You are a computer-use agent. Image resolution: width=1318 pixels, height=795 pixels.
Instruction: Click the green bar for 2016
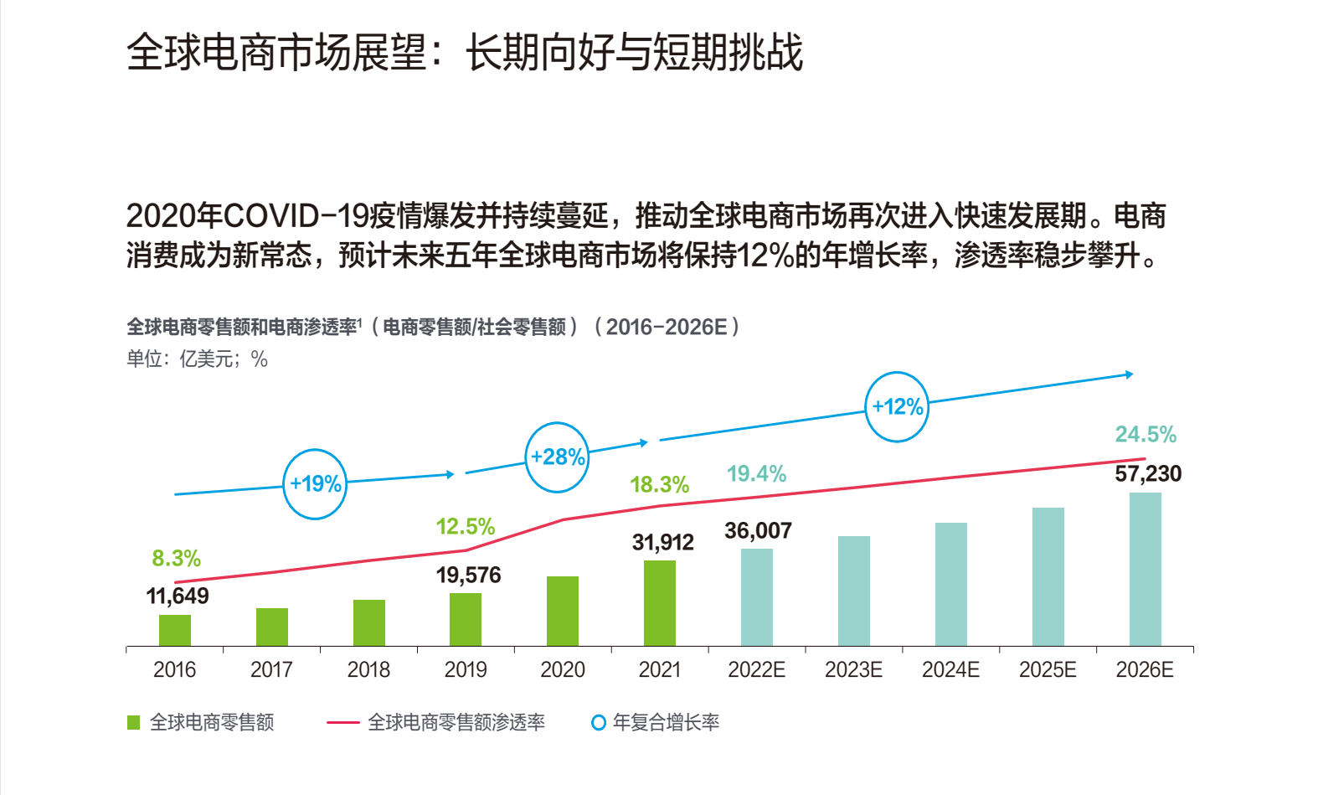pyautogui.click(x=175, y=630)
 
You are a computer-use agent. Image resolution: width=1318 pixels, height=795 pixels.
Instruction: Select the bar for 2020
pyautogui.click(x=563, y=611)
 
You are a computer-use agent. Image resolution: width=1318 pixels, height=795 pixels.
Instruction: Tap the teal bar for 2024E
pyautogui.click(x=950, y=584)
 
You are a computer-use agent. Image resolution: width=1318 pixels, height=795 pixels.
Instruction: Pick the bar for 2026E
pyautogui.click(x=1145, y=569)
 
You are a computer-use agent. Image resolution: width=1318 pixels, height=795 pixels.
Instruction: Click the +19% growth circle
pyautogui.click(x=315, y=484)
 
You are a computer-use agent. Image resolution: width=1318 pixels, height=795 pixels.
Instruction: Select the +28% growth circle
pyautogui.click(x=557, y=457)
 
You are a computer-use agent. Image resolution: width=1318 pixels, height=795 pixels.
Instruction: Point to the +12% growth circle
pyautogui.click(x=897, y=407)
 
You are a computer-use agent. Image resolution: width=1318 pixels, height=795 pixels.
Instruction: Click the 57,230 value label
pyautogui.click(x=1148, y=474)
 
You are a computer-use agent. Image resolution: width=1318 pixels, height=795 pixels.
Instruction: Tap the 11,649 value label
pyautogui.click(x=178, y=596)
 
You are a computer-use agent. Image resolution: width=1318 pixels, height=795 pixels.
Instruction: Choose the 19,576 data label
pyautogui.click(x=468, y=576)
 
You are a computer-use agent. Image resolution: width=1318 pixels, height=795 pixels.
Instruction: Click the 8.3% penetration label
pyautogui.click(x=176, y=559)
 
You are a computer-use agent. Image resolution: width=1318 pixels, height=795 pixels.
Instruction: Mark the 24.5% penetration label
pyautogui.click(x=1146, y=435)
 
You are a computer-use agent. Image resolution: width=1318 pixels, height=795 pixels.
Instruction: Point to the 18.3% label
pyautogui.click(x=659, y=485)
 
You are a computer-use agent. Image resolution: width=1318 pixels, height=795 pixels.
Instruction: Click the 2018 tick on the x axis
pyautogui.click(x=368, y=670)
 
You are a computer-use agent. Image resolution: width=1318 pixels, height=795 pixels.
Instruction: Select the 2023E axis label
pyautogui.click(x=853, y=670)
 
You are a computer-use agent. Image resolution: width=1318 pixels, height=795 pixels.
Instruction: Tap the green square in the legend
pyautogui.click(x=134, y=722)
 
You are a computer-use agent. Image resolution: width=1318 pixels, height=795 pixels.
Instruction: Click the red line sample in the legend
pyautogui.click(x=342, y=722)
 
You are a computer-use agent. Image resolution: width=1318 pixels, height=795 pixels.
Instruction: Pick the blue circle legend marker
pyautogui.click(x=598, y=722)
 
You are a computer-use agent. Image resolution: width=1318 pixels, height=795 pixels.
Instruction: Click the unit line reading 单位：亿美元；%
pyautogui.click(x=197, y=359)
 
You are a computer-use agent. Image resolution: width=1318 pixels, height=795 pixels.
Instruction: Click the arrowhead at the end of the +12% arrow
pyautogui.click(x=1130, y=374)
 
